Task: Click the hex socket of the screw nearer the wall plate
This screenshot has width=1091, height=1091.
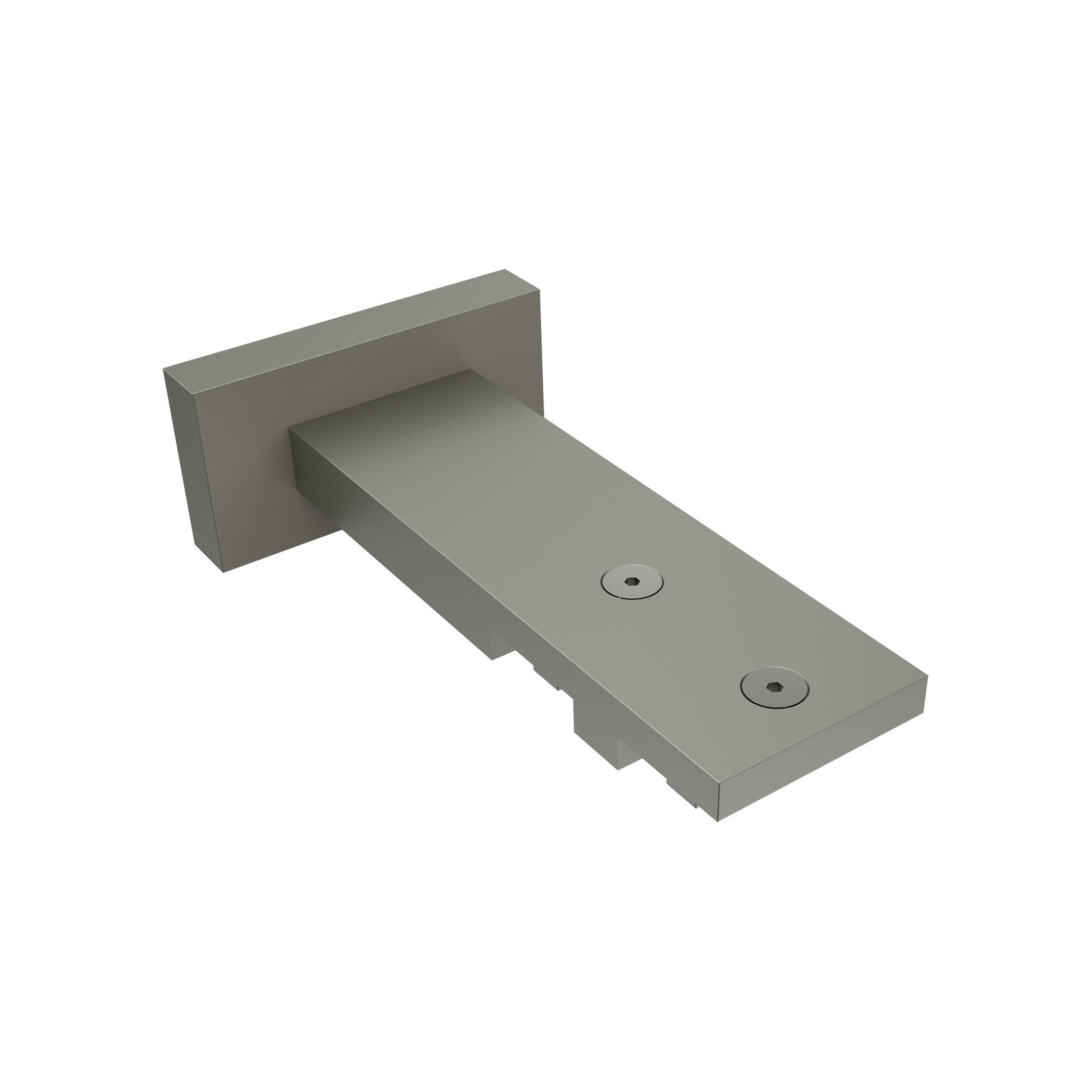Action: (x=631, y=581)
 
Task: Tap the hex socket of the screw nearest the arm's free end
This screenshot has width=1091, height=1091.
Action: (x=773, y=687)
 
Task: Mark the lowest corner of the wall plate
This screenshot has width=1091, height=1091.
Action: (x=224, y=573)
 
